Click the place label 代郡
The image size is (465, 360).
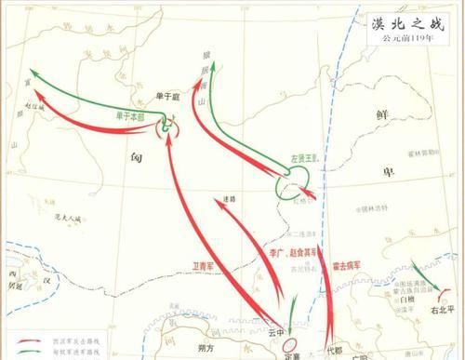click(x=334, y=351)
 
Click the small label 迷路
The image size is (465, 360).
click(x=231, y=198)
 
